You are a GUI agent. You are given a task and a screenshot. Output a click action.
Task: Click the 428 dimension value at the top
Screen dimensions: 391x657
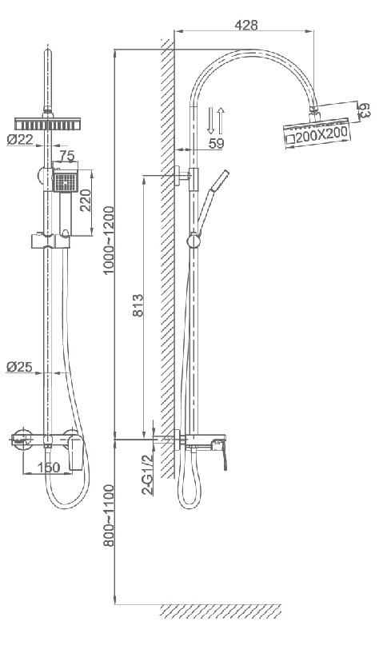246,25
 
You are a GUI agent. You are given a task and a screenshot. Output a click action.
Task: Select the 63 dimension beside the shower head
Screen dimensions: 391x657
363,109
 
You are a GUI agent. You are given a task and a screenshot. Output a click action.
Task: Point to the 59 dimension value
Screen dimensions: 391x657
216,143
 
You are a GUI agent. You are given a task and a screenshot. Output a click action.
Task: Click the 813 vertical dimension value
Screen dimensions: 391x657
138,305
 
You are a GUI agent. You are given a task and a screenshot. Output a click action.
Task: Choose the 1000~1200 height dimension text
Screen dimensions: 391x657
109,240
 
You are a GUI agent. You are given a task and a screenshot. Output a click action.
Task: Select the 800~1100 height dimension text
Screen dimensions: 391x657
109,516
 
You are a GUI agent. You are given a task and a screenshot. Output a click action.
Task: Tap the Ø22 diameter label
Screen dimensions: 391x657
20,139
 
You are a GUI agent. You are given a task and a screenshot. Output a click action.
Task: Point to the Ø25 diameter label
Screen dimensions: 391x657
19,367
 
